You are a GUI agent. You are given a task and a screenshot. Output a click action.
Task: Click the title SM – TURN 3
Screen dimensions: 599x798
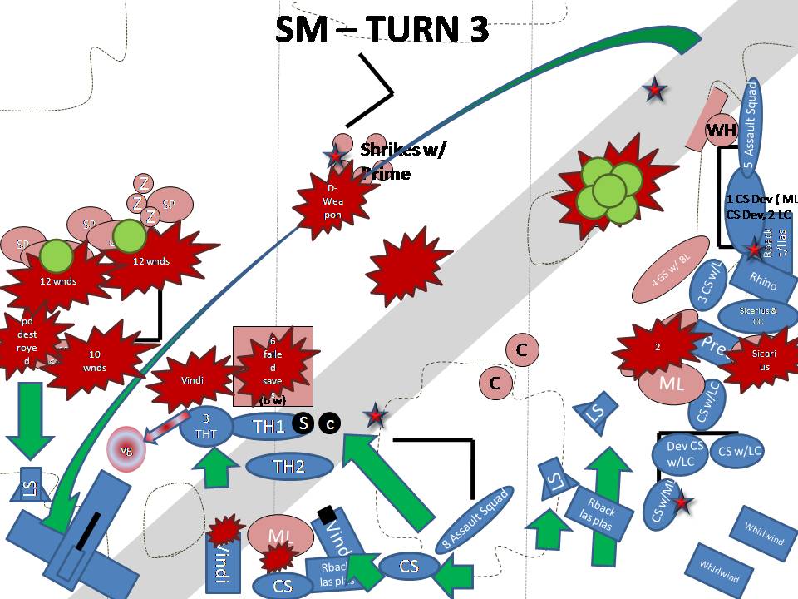(381, 29)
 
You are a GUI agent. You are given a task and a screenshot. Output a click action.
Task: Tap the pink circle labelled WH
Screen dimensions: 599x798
(721, 131)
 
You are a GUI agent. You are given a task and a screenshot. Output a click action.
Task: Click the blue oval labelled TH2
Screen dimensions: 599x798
(288, 467)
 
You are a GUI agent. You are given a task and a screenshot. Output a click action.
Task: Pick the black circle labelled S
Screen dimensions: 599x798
(304, 423)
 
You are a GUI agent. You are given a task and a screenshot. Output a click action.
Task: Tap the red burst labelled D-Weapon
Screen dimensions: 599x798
(333, 203)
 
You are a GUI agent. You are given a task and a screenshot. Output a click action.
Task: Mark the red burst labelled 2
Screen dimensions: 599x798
(657, 348)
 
